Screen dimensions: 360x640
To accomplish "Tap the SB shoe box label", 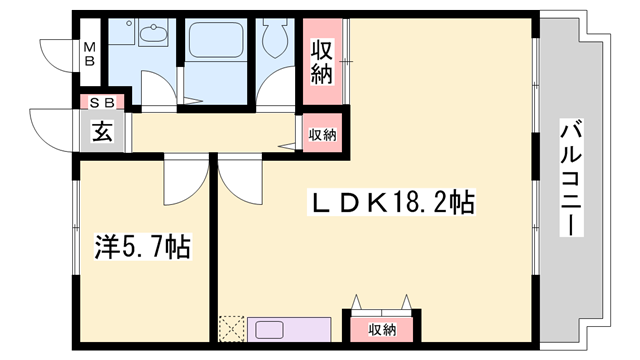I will (102, 101).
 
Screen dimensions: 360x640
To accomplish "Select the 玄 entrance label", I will (102, 130).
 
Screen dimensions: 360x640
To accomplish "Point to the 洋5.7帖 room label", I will (142, 246).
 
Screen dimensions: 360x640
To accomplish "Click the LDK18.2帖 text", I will (389, 203).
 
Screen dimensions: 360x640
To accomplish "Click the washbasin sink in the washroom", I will (153, 37).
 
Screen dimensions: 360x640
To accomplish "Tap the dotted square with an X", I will (231, 329).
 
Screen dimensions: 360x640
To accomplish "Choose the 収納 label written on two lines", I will (321, 60).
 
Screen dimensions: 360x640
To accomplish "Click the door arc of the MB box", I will (58, 52).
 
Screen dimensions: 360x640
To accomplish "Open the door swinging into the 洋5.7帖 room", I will (183, 178).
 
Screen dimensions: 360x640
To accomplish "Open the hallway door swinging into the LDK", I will (239, 178).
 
